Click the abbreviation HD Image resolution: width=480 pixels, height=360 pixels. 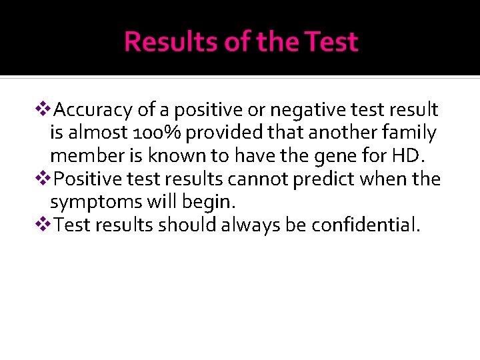coord(405,156)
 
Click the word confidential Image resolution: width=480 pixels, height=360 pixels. coord(365,226)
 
